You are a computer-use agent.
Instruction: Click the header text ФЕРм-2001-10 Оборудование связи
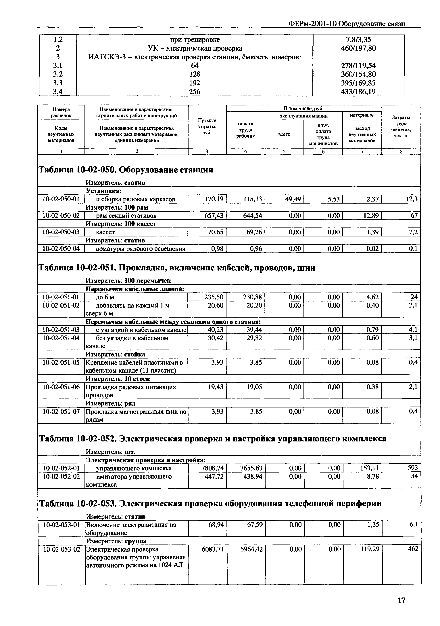346,24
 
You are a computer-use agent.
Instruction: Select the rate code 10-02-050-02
61,216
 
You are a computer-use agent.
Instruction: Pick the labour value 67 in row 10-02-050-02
414,216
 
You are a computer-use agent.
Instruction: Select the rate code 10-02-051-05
61,363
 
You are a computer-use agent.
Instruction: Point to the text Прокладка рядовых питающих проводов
131,391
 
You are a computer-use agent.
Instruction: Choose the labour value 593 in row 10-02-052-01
412,468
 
